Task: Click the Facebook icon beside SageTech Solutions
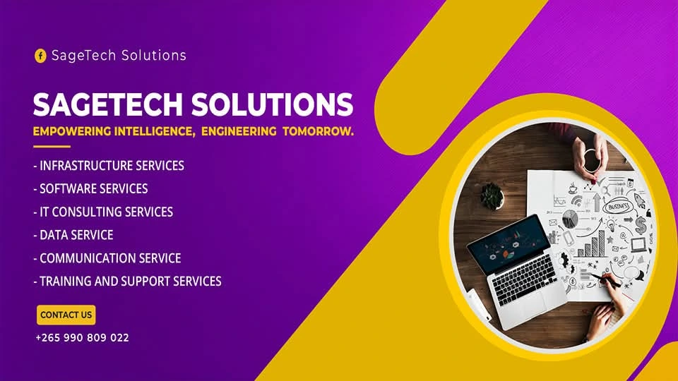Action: (x=40, y=56)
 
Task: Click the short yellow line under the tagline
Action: (x=52, y=147)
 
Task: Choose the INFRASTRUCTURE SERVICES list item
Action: (x=109, y=166)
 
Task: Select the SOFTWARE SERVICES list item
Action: (x=90, y=188)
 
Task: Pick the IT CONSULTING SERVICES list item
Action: (x=103, y=212)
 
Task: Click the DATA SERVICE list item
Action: (x=73, y=235)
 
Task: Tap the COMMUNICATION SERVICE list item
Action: (x=107, y=258)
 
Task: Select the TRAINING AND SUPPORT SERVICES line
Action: (x=127, y=281)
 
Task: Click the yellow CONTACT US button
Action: (x=66, y=315)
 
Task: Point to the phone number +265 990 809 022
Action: (x=82, y=338)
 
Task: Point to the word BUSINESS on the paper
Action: (x=619, y=207)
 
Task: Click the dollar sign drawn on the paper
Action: (x=640, y=225)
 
